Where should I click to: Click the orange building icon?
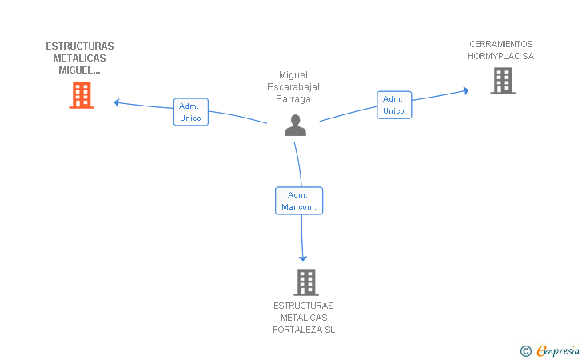tap(81, 95)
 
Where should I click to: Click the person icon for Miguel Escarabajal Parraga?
tap(295, 126)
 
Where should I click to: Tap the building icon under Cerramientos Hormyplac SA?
tap(502, 80)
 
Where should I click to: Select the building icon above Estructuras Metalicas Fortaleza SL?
tap(305, 282)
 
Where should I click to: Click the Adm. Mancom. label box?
tap(299, 201)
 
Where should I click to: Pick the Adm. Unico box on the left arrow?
tap(190, 112)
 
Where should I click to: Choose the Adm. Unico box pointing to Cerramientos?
tap(394, 105)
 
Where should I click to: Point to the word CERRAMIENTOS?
tap(500, 44)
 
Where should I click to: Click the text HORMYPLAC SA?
tap(500, 56)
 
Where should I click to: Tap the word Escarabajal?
tap(293, 87)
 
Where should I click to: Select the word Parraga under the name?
tap(293, 99)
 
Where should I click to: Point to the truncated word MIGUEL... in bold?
tap(80, 70)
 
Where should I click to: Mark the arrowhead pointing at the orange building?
tap(117, 102)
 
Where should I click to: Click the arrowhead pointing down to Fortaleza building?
tap(302, 258)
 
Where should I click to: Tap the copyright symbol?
tap(525, 350)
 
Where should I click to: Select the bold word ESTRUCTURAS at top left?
tap(80, 46)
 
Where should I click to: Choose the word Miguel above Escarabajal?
tap(293, 75)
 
